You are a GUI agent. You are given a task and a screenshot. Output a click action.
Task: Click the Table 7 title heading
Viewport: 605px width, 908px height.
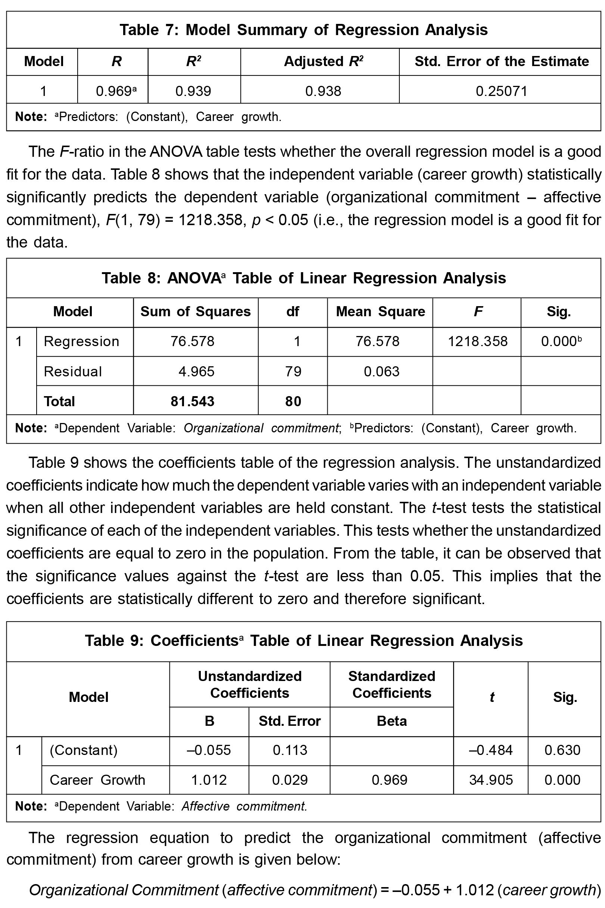pos(303,30)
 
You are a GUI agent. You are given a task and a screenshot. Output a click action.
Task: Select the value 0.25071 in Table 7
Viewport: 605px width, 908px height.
pos(501,91)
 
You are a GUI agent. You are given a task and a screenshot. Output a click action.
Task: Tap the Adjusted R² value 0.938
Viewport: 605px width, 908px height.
pos(323,91)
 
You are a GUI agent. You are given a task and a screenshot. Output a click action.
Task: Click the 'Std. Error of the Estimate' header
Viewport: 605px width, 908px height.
pos(502,61)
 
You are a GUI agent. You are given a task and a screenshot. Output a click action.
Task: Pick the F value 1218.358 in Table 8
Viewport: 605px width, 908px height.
pos(477,341)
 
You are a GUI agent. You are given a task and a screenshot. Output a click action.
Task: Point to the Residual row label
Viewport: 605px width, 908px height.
pos(72,371)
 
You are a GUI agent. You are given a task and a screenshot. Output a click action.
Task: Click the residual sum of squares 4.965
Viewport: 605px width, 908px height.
pos(196,371)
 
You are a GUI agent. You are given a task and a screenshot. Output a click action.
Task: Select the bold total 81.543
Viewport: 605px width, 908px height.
pos(192,401)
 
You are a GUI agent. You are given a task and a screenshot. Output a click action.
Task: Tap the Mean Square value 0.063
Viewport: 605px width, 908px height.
pos(381,371)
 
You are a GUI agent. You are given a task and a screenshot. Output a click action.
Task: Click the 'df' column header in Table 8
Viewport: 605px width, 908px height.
pos(293,311)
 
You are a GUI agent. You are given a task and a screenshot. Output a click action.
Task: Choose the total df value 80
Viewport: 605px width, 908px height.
pos(293,401)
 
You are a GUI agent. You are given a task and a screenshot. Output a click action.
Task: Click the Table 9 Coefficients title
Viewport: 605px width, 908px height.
pos(303,641)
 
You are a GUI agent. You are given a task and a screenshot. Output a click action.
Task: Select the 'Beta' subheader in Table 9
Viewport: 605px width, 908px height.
pos(392,721)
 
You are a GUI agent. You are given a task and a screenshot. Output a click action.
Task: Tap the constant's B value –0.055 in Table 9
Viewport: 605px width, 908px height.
pos(208,750)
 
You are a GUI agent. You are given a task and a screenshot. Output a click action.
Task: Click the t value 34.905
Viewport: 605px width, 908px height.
pos(491,780)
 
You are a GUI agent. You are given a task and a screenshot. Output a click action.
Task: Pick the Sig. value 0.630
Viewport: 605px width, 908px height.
pos(562,750)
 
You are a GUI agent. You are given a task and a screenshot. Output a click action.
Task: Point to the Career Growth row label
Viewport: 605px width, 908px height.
pos(97,780)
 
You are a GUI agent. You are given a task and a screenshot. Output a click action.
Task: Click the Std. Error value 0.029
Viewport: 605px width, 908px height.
pos(290,780)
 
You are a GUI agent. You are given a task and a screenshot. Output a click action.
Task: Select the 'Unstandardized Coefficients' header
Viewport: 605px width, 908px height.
pos(250,684)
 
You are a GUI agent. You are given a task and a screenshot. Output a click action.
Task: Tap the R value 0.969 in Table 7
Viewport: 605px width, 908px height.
pos(114,91)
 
